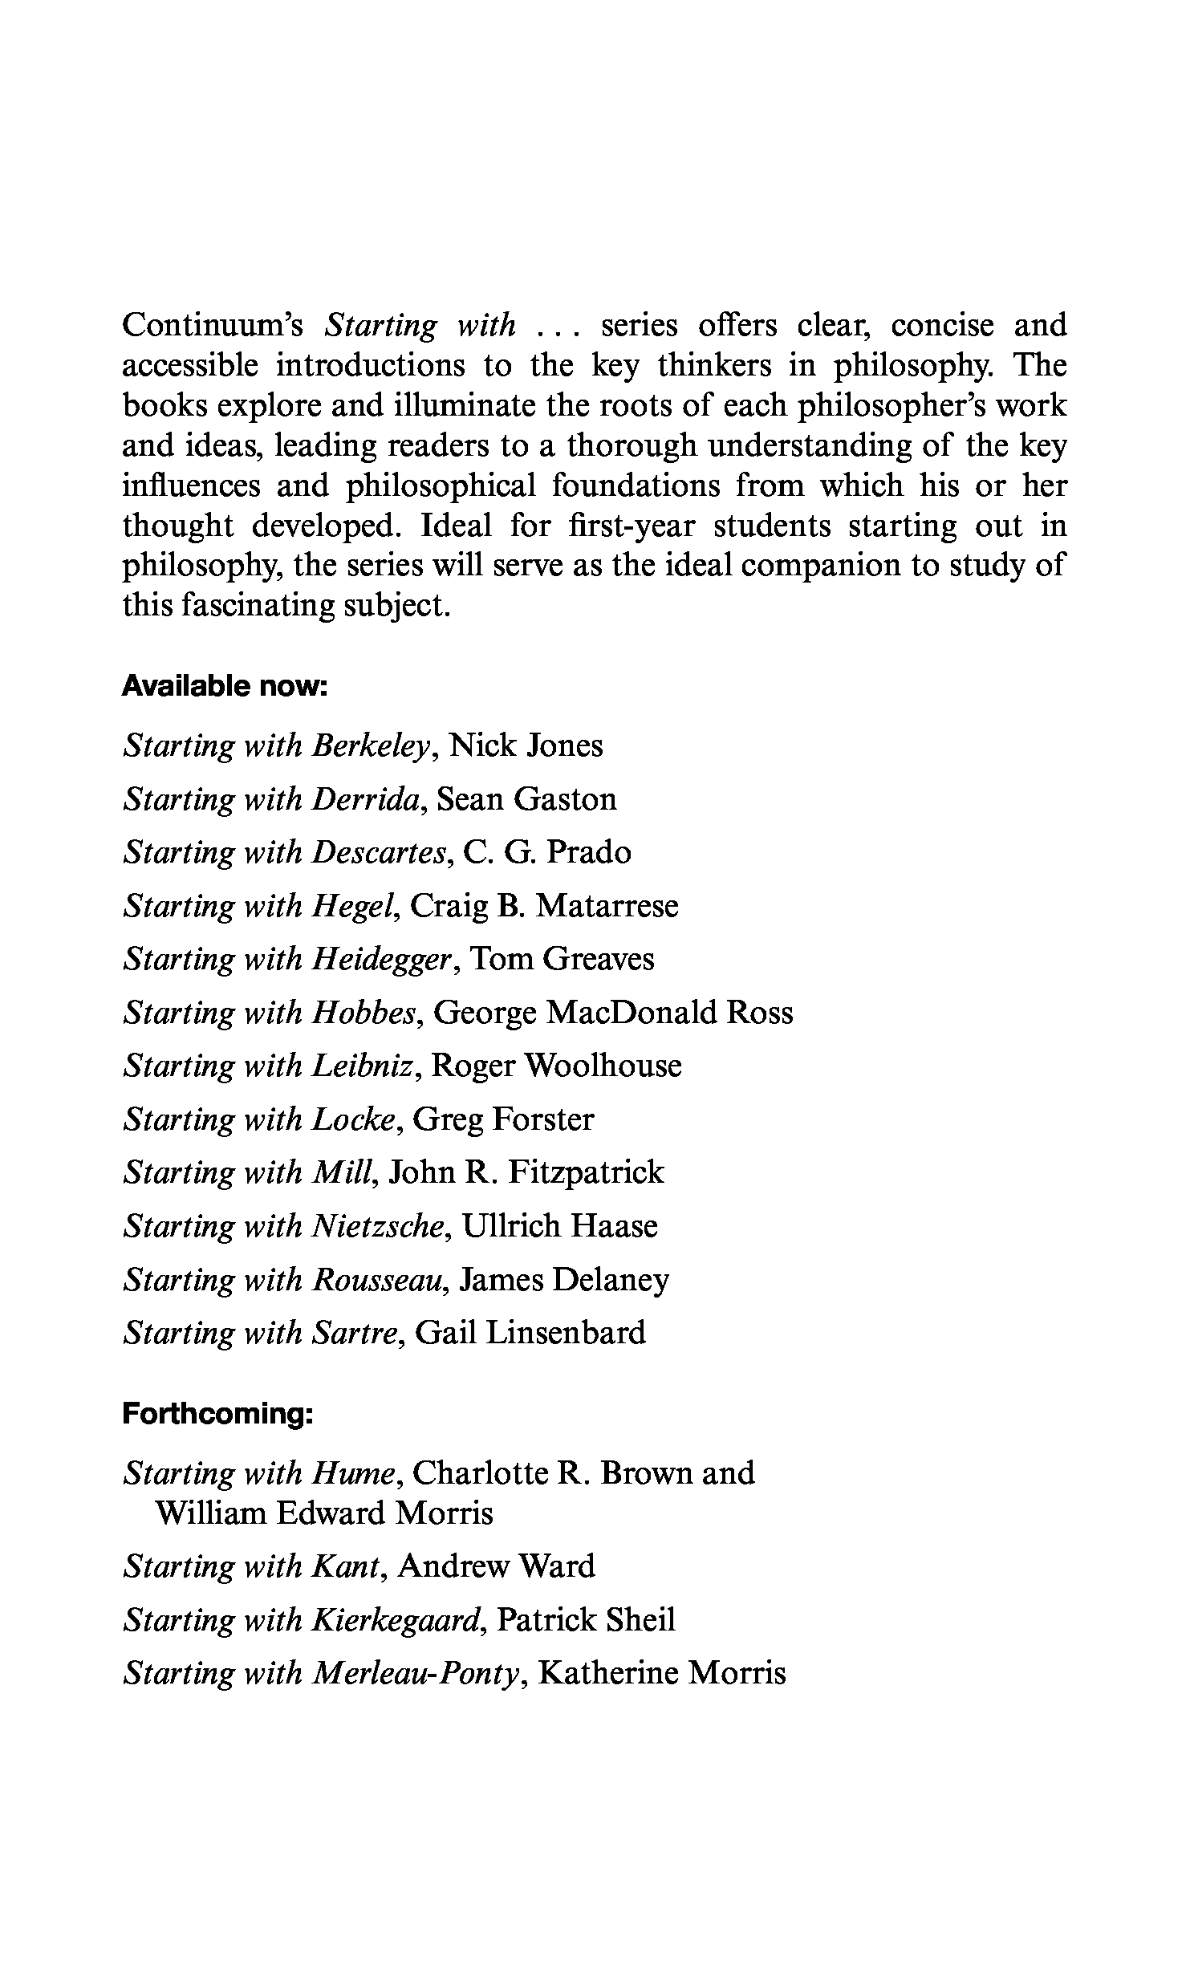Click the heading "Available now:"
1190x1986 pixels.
tap(225, 687)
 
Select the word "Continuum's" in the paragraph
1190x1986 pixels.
tap(212, 326)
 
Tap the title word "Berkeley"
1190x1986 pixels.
tap(372, 746)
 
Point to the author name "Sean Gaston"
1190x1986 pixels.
tap(526, 799)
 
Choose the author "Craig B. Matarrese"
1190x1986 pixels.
tap(544, 906)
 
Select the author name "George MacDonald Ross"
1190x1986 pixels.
tap(613, 1013)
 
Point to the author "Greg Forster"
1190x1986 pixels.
tap(503, 1119)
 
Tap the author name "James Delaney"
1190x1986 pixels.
tap(564, 1279)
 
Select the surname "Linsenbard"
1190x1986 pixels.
tap(566, 1333)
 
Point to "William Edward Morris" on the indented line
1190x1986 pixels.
tap(323, 1513)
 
